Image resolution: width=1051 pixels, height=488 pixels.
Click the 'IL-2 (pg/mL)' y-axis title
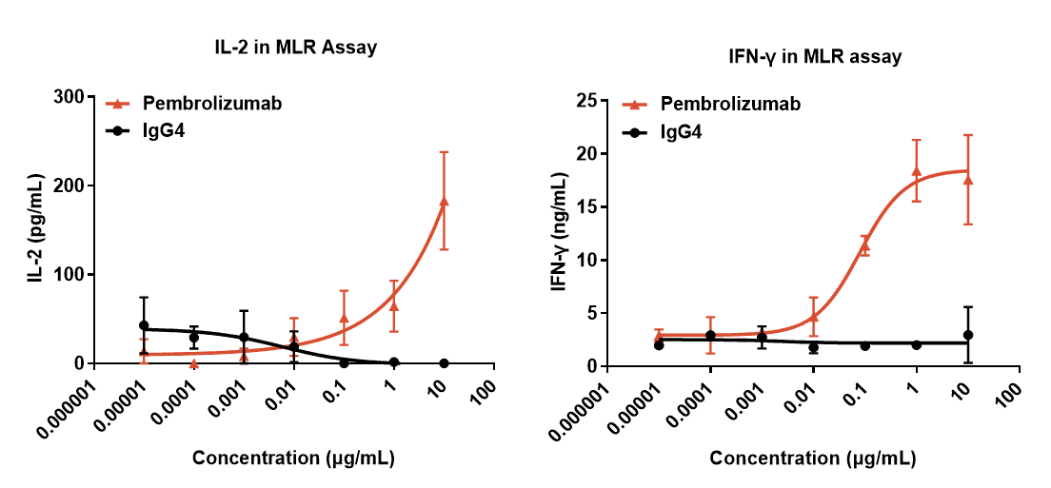[x=34, y=228]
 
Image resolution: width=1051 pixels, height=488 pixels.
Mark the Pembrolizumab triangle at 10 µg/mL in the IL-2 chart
[x=444, y=201]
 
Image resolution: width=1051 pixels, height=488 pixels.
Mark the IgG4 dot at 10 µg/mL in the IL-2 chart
[x=444, y=363]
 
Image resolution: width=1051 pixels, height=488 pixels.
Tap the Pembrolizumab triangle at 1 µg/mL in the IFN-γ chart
[x=916, y=171]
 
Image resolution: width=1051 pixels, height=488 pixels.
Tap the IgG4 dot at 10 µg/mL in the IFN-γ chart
[x=967, y=335]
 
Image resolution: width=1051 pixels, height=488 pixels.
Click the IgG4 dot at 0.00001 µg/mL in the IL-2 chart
[x=144, y=325]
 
